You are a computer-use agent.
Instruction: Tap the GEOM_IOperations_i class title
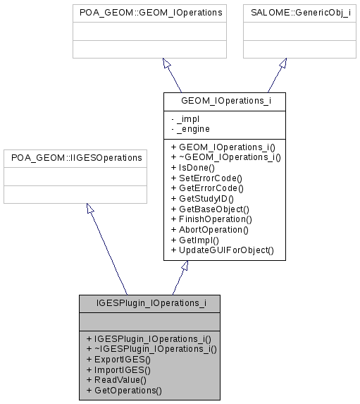pyautogui.click(x=224, y=101)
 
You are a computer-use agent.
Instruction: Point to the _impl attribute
pyautogui.click(x=184, y=118)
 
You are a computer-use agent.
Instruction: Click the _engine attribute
pyautogui.click(x=190, y=128)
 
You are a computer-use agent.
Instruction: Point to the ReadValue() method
pyautogui.click(x=116, y=379)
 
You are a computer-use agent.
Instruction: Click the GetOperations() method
pyautogui.click(x=123, y=389)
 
